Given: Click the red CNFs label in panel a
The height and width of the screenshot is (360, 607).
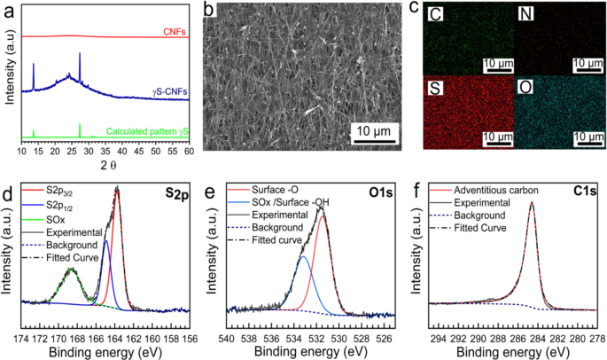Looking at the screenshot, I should point(173,31).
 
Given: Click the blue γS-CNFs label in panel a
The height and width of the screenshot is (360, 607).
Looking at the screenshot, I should point(166,91).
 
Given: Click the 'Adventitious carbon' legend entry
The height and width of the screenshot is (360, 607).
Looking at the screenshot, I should point(497,190).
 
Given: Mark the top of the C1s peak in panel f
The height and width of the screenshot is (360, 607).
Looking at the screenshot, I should point(532,202).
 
